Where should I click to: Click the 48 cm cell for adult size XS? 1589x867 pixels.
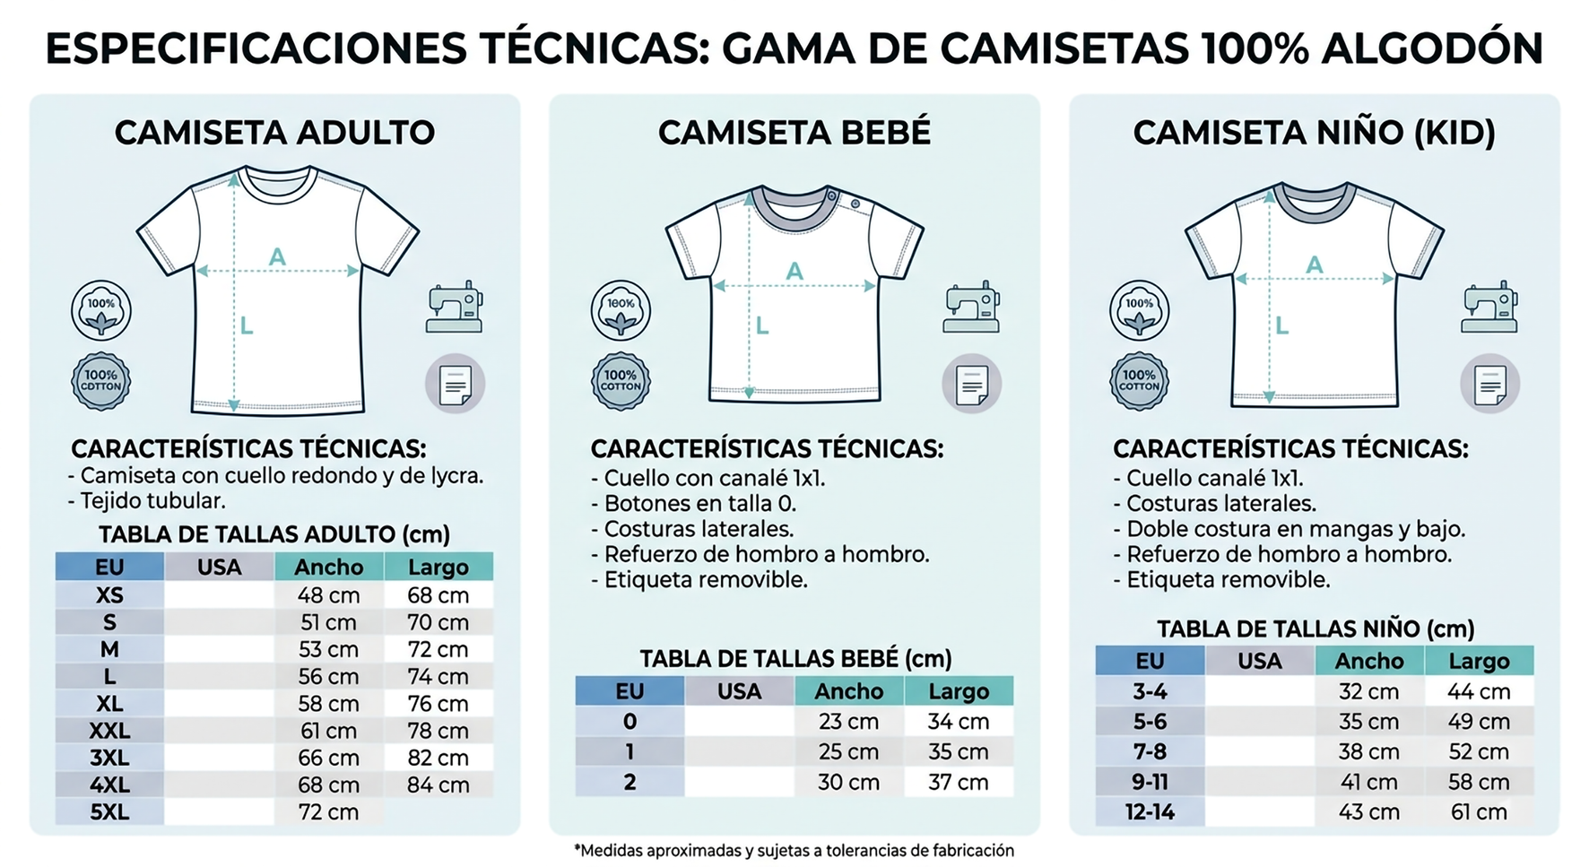(x=328, y=595)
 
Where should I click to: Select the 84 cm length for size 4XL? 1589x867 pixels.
(x=438, y=785)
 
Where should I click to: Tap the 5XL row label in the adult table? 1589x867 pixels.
(x=109, y=812)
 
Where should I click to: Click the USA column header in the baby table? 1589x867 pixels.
(x=739, y=691)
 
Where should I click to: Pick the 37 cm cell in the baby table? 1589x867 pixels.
(x=958, y=783)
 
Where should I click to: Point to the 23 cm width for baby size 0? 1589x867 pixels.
(x=848, y=722)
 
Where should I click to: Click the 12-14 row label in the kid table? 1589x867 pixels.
(x=1150, y=812)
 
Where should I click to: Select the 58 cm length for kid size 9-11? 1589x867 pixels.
(x=1479, y=782)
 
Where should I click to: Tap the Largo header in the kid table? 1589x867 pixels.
(x=1479, y=662)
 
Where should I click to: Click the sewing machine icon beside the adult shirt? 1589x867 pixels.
(x=455, y=308)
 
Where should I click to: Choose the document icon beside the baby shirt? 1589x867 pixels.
(x=971, y=385)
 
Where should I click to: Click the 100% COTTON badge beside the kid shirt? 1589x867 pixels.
(x=1139, y=382)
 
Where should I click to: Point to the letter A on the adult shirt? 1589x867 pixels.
(x=277, y=257)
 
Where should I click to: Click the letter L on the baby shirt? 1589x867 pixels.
(x=761, y=325)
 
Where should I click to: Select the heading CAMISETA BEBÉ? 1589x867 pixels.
(x=794, y=133)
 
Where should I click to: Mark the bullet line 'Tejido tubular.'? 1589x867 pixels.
(x=147, y=501)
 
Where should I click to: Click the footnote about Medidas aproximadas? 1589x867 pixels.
(x=794, y=850)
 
